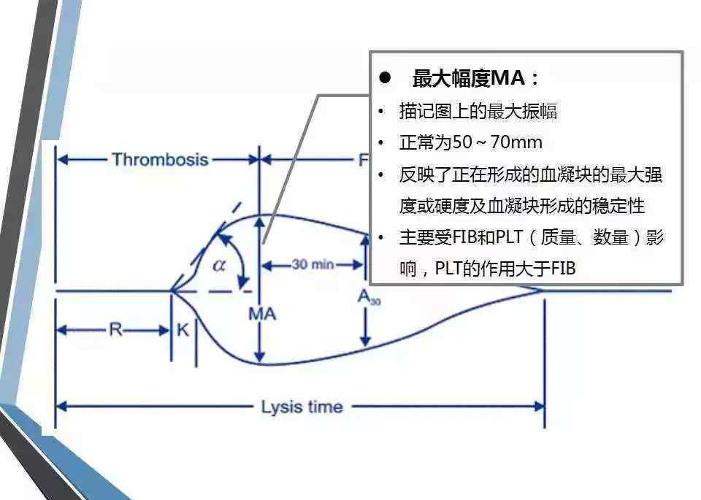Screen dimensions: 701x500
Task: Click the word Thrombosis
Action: click(160, 160)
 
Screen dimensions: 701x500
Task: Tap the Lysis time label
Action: click(302, 407)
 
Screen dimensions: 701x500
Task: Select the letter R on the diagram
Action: click(115, 330)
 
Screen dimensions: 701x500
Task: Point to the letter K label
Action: click(183, 330)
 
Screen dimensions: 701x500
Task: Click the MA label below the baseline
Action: click(262, 314)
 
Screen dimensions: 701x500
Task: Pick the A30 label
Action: click(369, 296)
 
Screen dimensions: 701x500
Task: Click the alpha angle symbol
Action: click(219, 266)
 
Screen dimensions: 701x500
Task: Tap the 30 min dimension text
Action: click(313, 264)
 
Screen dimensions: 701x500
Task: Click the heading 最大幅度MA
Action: click(469, 78)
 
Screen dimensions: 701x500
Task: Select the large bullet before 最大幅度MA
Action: click(385, 78)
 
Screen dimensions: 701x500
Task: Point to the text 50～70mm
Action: click(497, 142)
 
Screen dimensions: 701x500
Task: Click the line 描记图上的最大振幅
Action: click(478, 111)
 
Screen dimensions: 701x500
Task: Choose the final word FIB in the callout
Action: click(563, 269)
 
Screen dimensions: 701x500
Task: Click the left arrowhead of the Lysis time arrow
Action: click(61, 407)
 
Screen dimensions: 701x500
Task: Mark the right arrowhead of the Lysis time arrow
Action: click(539, 407)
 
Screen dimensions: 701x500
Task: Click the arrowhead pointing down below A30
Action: click(366, 341)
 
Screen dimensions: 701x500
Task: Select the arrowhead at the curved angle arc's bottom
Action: click(242, 282)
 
